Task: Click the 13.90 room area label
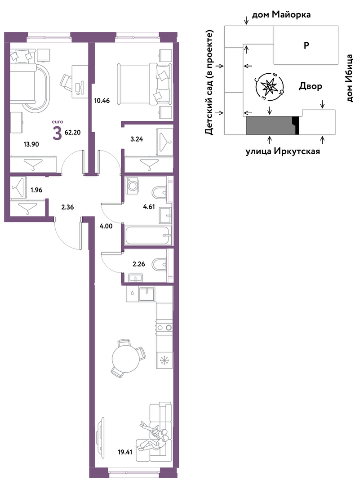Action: tap(31, 144)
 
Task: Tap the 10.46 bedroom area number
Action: tap(102, 101)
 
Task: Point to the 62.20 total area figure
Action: tap(73, 133)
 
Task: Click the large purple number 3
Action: tap(57, 133)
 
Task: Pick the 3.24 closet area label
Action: tap(137, 139)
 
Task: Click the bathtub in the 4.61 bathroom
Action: tap(148, 235)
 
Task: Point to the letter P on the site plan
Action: tap(306, 45)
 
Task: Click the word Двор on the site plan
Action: tap(311, 86)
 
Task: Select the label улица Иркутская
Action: tap(283, 151)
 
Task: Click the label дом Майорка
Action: tap(281, 14)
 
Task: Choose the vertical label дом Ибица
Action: tap(349, 78)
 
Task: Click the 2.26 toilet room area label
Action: tap(138, 264)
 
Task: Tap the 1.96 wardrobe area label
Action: tap(36, 190)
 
